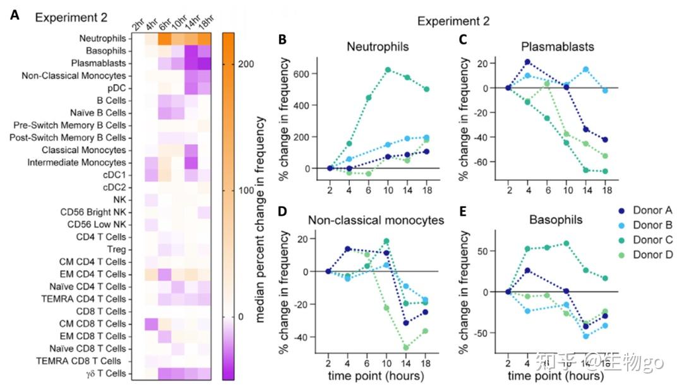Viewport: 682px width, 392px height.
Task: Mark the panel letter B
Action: [x=282, y=40]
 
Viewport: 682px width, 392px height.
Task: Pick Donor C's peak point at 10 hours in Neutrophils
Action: [x=388, y=70]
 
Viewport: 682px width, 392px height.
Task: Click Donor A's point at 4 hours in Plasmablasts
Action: [x=527, y=62]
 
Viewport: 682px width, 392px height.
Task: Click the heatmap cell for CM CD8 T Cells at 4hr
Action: [x=150, y=324]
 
